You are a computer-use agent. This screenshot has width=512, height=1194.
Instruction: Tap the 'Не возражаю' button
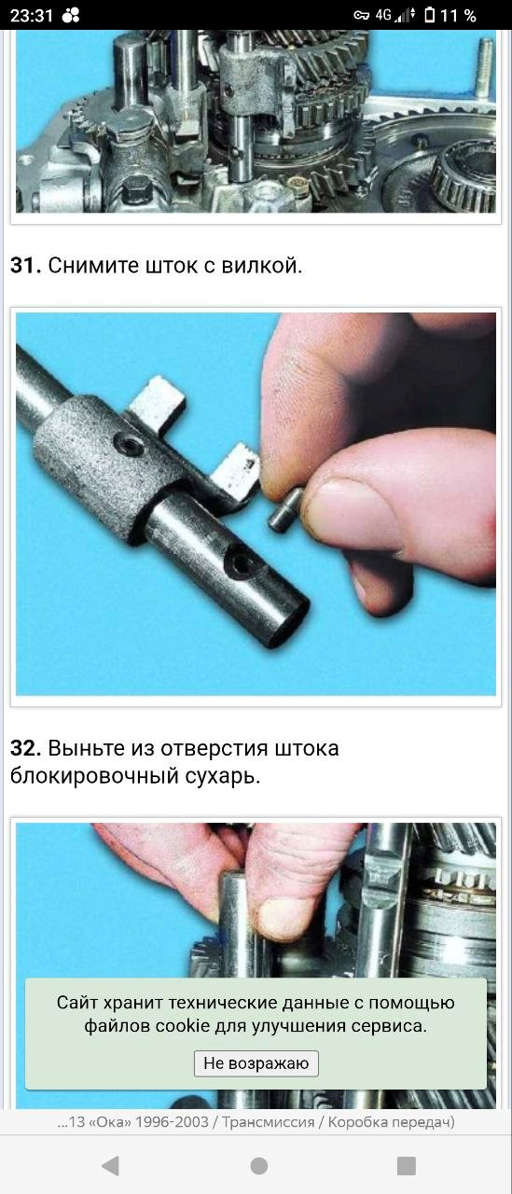pyautogui.click(x=256, y=1062)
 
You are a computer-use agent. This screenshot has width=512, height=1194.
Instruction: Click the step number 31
pyautogui.click(x=25, y=266)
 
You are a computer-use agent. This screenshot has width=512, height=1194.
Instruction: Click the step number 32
pyautogui.click(x=25, y=748)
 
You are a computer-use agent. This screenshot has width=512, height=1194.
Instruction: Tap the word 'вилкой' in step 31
pyautogui.click(x=261, y=266)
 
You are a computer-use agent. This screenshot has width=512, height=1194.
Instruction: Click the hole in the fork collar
pyautogui.click(x=129, y=443)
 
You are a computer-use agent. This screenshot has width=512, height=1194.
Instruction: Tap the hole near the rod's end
pyautogui.click(x=240, y=564)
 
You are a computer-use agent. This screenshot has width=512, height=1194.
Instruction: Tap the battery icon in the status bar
pyautogui.click(x=429, y=15)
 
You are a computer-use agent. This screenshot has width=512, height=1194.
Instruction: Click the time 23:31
pyautogui.click(x=32, y=16)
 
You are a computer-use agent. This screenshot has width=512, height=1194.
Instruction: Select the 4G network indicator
pyautogui.click(x=383, y=15)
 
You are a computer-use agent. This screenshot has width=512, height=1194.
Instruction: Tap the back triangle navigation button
pyautogui.click(x=110, y=1166)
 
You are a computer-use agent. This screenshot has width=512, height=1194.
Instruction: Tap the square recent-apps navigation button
pyautogui.click(x=406, y=1166)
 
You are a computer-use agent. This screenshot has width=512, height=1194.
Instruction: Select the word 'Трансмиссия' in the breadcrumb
pyautogui.click(x=268, y=1121)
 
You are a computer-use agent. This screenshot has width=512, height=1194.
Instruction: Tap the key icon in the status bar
pyautogui.click(x=361, y=16)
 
